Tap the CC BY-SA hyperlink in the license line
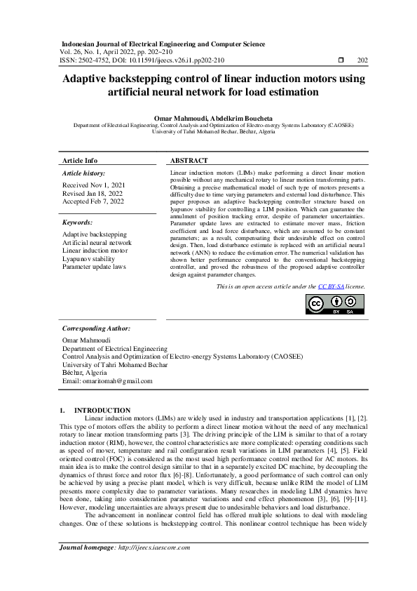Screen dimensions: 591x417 (331, 286)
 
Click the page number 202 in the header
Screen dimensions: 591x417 (362, 61)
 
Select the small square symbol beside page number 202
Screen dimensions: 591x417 (341, 61)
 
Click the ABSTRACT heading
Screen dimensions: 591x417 (189, 161)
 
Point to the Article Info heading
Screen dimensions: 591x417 (80, 161)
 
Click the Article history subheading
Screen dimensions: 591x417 (83, 173)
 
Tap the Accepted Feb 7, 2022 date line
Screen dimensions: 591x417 (93, 201)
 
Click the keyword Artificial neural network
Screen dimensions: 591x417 (97, 243)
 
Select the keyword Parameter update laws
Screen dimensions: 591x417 (94, 267)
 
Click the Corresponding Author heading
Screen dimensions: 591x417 (96, 328)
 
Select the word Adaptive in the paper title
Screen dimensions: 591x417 (88, 79)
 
